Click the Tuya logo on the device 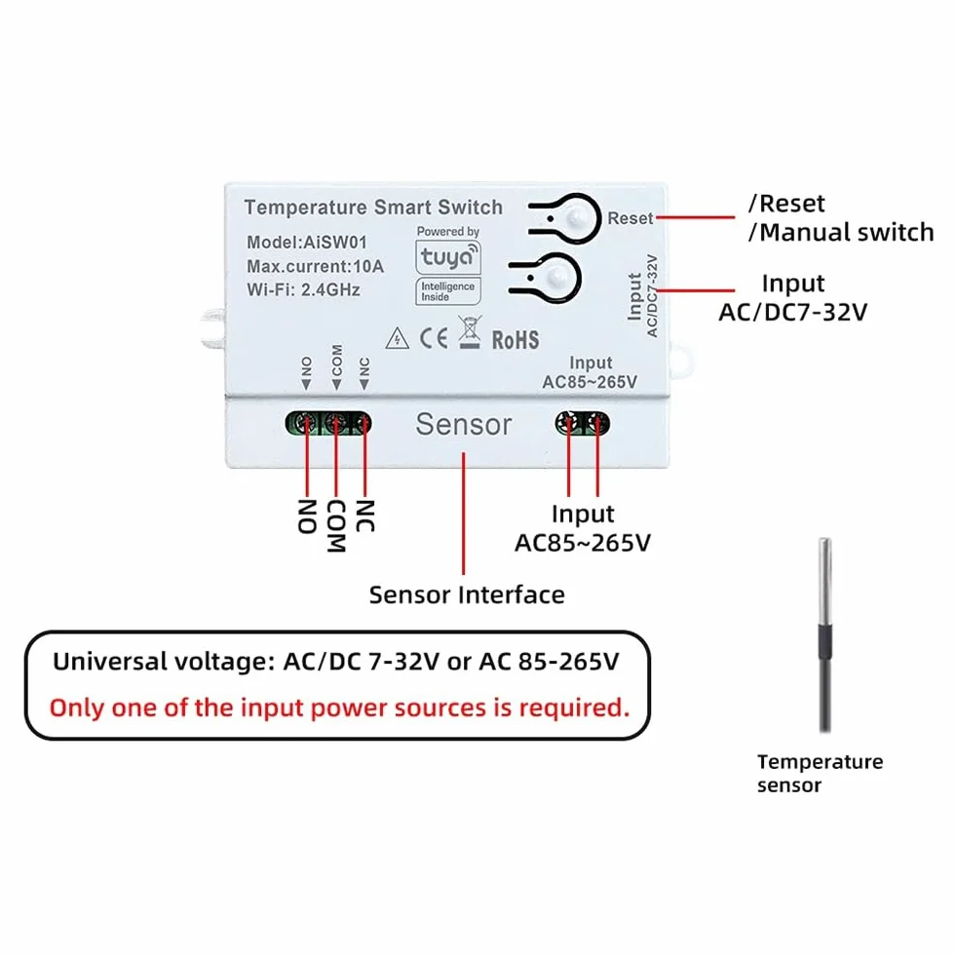point(448,256)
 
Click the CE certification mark point(434,338)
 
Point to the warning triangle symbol point(397,338)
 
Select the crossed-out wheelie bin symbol point(470,331)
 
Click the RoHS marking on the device point(516,339)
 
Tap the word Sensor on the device point(463,424)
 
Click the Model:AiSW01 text point(307,242)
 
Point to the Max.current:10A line point(315,266)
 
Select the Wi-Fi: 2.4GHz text point(303,289)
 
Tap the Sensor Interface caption point(467,594)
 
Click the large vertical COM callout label point(336,526)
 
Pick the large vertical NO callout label point(307,516)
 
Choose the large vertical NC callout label point(364,516)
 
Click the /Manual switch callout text point(841,232)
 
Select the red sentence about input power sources point(339,707)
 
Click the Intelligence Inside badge point(448,291)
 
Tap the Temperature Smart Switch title point(373,208)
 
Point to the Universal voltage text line point(336,662)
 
